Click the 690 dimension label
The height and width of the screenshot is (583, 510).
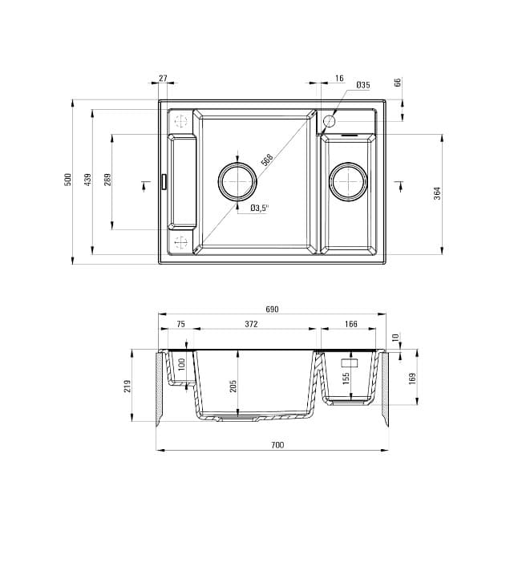[272, 310]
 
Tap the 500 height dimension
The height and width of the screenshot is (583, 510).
[68, 179]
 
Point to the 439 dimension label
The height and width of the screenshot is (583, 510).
[88, 179]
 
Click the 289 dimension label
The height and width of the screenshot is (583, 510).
[107, 179]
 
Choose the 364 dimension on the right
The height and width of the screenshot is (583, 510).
[438, 193]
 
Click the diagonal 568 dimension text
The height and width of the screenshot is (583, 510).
[267, 160]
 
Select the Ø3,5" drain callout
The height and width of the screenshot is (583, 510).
[259, 208]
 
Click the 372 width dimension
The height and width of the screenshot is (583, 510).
[251, 325]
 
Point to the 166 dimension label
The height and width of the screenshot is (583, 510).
[351, 325]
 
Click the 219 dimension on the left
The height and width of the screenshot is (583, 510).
[127, 387]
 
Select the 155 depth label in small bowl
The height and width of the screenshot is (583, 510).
[346, 378]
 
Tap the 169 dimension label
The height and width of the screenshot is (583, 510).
[412, 378]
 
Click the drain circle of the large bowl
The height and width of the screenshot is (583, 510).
[237, 182]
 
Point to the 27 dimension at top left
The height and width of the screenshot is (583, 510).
[164, 79]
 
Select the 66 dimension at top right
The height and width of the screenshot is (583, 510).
[398, 83]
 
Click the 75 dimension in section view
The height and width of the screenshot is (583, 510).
[180, 325]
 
